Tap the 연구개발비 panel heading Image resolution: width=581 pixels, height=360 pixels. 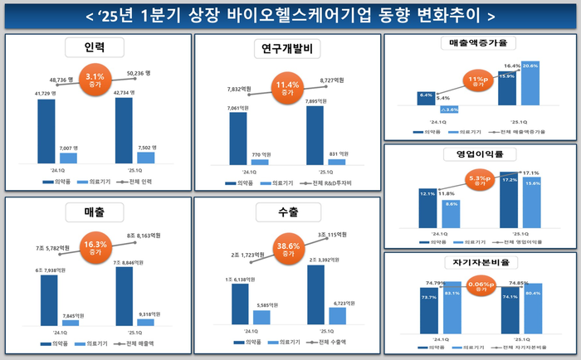pyautogui.click(x=286, y=51)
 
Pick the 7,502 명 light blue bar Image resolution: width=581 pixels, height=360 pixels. pyautogui.click(x=145, y=157)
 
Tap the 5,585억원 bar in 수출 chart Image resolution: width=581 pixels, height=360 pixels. pyautogui.click(x=261, y=317)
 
